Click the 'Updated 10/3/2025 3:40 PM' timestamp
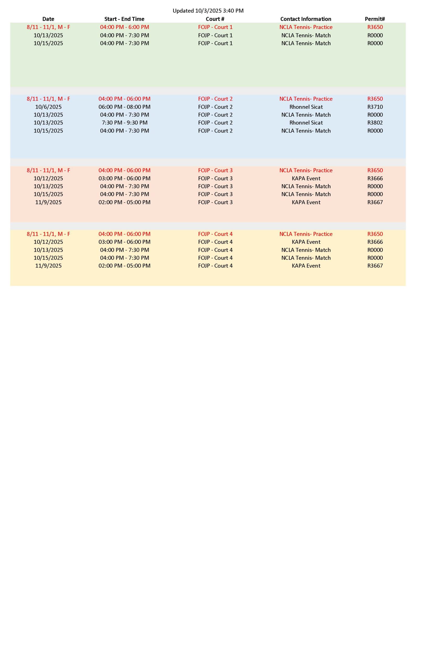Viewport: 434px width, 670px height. click(208, 11)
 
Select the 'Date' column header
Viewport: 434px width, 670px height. click(48, 19)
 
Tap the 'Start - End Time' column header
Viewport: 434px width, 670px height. click(124, 19)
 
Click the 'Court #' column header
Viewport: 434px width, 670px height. click(215, 19)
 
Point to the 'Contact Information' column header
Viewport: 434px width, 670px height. click(306, 19)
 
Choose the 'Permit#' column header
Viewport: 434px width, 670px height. click(375, 19)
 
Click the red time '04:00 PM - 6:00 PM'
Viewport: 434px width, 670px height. click(124, 27)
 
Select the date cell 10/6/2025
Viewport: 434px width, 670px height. click(48, 107)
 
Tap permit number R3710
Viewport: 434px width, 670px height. click(375, 107)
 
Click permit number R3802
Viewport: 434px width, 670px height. click(375, 123)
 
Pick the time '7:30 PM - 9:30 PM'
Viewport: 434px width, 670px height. click(124, 123)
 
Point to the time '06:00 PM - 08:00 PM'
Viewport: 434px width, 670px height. click(124, 107)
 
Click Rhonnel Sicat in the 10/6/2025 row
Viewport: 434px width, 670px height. click(306, 107)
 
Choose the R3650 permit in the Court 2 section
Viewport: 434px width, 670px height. click(375, 99)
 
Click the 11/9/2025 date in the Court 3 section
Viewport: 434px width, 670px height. click(48, 202)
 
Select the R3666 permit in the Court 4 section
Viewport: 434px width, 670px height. click(375, 242)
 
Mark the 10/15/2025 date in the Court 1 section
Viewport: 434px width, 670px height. click(48, 43)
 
